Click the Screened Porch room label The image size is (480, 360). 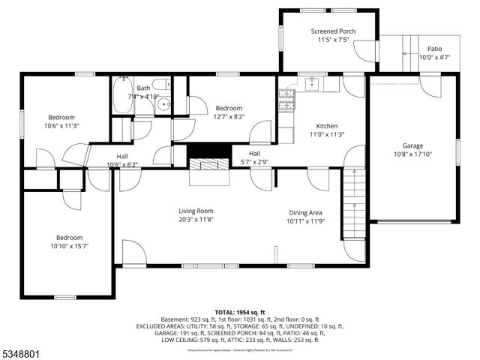coord(333,31)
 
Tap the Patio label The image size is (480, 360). coord(434,49)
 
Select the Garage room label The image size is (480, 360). coord(412,145)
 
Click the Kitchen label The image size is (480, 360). coord(326,126)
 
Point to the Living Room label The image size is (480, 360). coord(196,211)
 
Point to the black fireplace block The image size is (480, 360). coord(208,149)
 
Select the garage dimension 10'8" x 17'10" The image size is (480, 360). coord(412,154)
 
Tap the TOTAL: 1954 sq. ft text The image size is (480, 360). coord(240,312)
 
